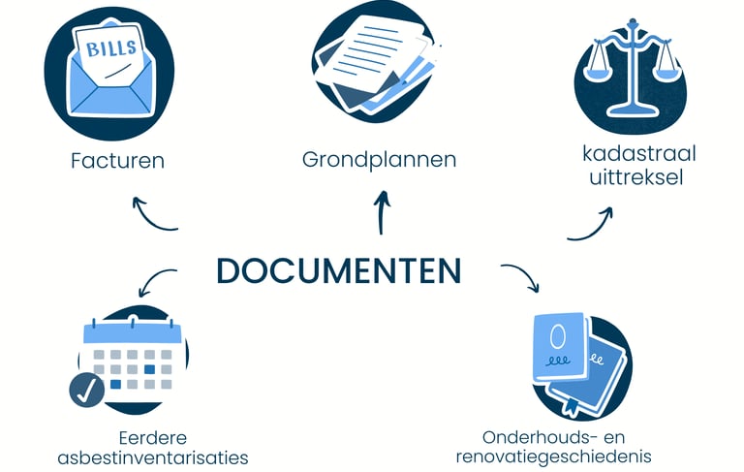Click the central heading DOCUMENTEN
pyautogui.click(x=338, y=270)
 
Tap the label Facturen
pyautogui.click(x=117, y=161)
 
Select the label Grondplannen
pyautogui.click(x=379, y=159)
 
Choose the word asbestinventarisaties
pyautogui.click(x=153, y=456)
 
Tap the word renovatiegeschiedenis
pyautogui.click(x=553, y=456)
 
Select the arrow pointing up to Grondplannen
pyautogui.click(x=382, y=211)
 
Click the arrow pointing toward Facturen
pyautogui.click(x=152, y=214)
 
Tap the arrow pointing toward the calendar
pyautogui.click(x=157, y=282)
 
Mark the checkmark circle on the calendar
pyautogui.click(x=87, y=390)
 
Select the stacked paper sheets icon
pyautogui.click(x=377, y=60)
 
